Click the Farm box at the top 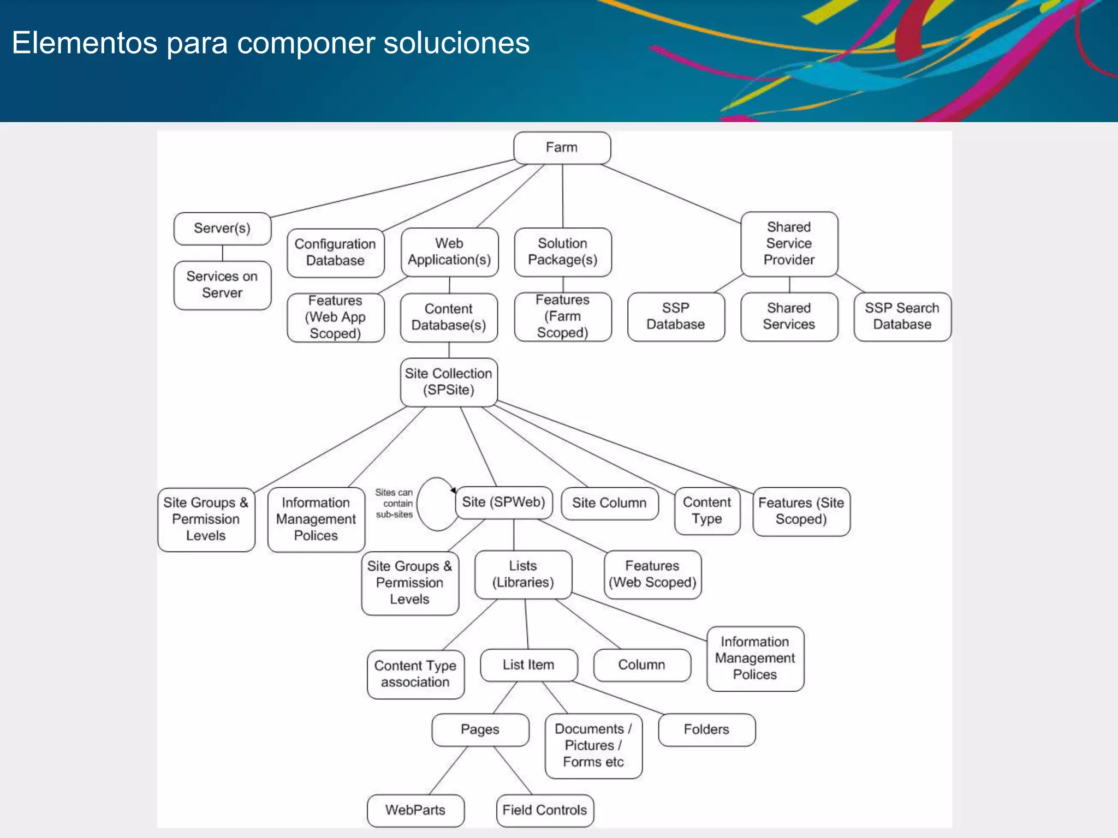pos(562,148)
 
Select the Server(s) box pos(222,229)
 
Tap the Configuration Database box pos(335,253)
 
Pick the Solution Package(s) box pos(562,252)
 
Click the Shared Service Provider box pos(789,244)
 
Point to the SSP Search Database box pos(902,316)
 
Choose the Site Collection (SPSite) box pos(448,382)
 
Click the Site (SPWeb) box pos(503,502)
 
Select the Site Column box pos(609,503)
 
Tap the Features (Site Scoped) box pos(801,511)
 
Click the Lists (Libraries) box pos(523,574)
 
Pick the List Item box pos(528,665)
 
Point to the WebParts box pos(415,810)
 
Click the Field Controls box pos(545,810)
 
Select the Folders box pos(706,729)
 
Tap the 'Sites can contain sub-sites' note pos(394,504)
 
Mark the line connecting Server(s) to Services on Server pos(222,253)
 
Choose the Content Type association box pos(415,674)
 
